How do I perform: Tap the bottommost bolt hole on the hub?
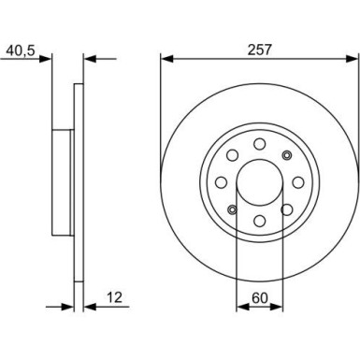click(257, 216)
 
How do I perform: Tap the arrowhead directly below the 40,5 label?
click(47, 58)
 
